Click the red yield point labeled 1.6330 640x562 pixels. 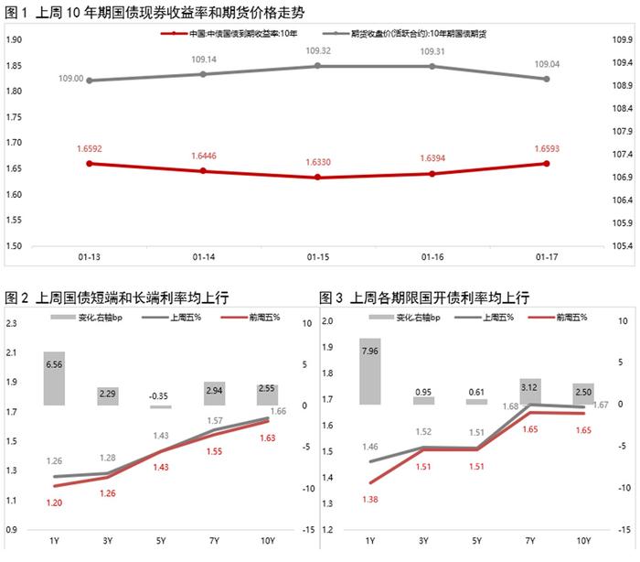(317, 177)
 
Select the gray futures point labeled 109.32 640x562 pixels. (317, 66)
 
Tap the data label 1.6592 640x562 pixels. (90, 147)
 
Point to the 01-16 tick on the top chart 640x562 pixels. (432, 254)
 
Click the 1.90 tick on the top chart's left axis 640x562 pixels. (14, 39)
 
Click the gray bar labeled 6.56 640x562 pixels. (54, 378)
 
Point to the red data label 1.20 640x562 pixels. (54, 503)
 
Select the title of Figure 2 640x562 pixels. (117, 297)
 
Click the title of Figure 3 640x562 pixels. (424, 297)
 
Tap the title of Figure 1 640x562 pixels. (155, 13)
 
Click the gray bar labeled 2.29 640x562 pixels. (107, 395)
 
